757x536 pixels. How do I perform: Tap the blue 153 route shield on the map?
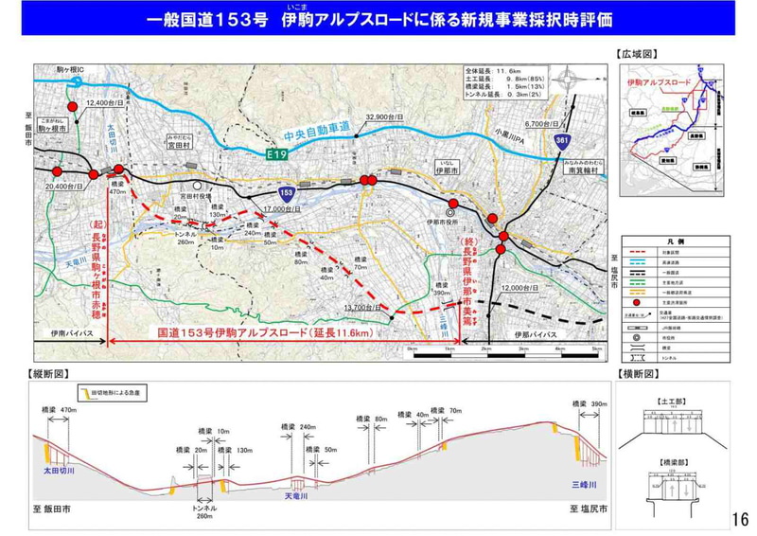298,192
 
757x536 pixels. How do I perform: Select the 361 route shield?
561,141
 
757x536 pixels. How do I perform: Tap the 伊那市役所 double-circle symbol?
451,213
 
